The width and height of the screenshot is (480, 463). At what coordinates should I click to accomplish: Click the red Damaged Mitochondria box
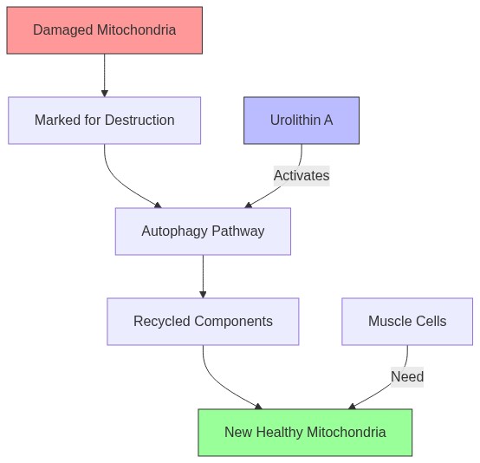tap(104, 30)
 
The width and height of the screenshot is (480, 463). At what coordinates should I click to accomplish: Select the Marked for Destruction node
tap(104, 121)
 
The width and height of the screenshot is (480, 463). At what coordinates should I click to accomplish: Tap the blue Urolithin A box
tap(301, 121)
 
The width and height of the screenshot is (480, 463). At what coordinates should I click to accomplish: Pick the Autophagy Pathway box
tap(203, 231)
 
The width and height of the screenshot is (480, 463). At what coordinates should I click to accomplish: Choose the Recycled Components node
tap(203, 322)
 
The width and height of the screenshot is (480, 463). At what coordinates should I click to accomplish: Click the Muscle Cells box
tap(406, 322)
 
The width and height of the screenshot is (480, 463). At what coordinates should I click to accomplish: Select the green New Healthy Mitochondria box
tap(305, 433)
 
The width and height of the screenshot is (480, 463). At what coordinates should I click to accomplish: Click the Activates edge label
tap(301, 176)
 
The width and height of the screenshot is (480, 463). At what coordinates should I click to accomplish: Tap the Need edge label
tap(406, 377)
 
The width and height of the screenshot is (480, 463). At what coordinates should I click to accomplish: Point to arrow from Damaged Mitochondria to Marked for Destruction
tap(104, 75)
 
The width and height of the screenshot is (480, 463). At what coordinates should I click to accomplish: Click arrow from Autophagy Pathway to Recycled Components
tap(203, 277)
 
